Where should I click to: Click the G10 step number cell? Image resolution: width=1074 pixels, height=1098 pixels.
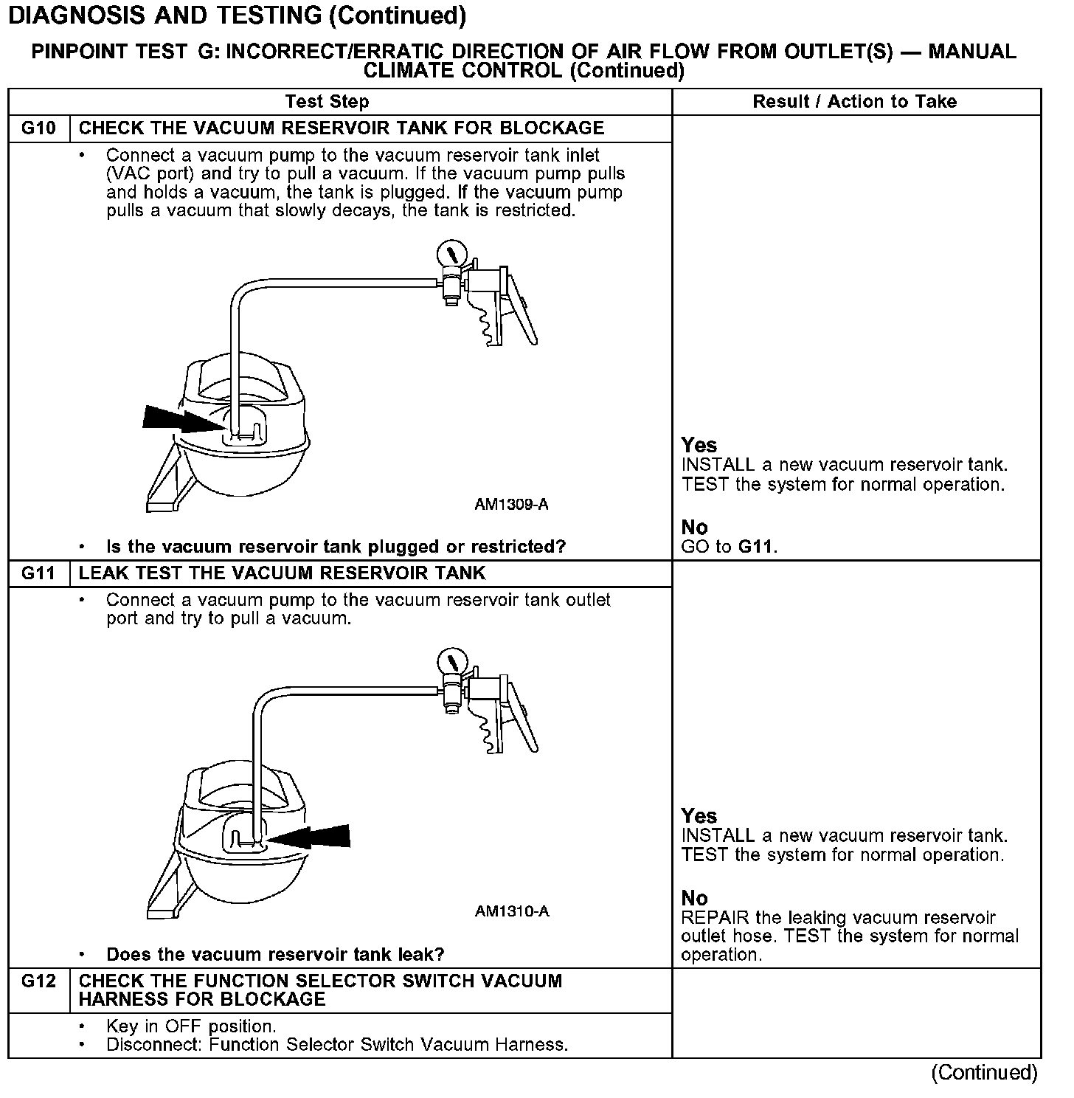coord(38,128)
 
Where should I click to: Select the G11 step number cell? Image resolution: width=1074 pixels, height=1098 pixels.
coord(38,573)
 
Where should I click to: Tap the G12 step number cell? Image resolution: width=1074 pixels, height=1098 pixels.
coord(38,981)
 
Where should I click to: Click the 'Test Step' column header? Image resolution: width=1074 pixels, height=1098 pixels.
coord(327,102)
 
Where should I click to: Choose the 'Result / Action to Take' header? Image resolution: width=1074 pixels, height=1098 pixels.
coord(854,102)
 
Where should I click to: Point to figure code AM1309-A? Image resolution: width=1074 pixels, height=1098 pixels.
coord(511,505)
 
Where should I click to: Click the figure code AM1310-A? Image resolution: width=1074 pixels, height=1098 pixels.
coord(512,911)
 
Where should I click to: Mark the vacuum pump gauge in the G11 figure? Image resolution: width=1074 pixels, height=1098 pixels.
coord(451,660)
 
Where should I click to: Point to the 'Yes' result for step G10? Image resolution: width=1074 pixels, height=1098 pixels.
coord(699,445)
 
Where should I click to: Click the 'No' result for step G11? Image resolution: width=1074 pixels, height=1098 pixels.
coord(694,898)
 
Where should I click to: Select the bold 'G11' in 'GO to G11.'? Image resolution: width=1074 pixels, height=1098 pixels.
coord(757,547)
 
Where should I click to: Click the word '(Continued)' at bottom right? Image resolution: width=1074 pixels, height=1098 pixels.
coord(984,1072)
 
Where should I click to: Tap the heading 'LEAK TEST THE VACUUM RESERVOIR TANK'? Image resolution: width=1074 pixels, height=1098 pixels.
coord(282,573)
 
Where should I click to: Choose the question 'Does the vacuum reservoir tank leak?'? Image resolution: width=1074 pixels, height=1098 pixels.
coord(275,954)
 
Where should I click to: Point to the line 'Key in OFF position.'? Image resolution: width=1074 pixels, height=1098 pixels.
coord(191,1026)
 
